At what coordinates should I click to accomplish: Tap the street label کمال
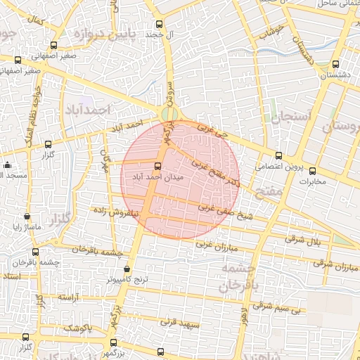click(33, 20)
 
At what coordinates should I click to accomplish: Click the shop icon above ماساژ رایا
click(27, 217)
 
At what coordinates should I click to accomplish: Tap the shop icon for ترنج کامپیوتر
click(127, 269)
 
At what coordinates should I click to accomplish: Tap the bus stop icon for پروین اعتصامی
click(279, 155)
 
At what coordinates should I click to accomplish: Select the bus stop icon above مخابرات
click(313, 170)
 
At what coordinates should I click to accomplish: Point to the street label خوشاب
click(271, 31)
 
